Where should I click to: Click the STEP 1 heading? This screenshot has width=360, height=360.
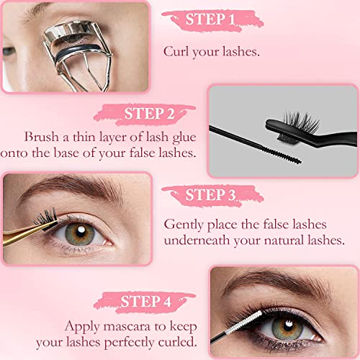(210, 19)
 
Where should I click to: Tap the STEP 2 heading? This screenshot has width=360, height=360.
(149, 113)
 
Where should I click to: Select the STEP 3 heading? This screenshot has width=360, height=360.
(210, 194)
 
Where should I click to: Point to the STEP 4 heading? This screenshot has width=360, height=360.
(145, 301)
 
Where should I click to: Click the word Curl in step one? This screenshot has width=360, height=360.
(176, 51)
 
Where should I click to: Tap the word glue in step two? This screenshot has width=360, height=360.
(184, 138)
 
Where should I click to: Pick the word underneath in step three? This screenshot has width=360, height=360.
(197, 240)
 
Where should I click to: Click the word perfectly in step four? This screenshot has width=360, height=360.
(129, 343)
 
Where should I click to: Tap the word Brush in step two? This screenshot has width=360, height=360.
(42, 137)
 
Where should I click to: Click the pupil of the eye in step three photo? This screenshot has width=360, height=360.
(81, 232)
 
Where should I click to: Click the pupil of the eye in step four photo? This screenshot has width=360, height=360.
(288, 326)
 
